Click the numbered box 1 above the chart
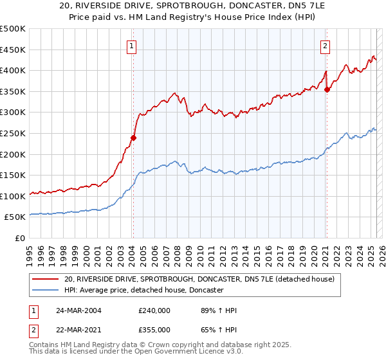(x=132, y=46)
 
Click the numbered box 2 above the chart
(x=326, y=46)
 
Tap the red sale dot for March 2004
(x=134, y=137)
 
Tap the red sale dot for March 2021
(x=327, y=89)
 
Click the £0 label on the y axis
(x=20, y=239)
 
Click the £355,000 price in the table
(x=154, y=329)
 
